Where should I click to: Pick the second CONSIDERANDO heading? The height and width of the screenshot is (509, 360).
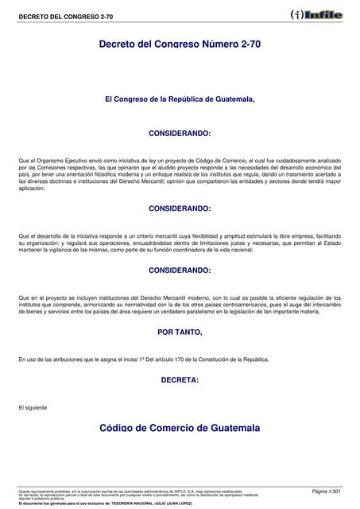coord(180,208)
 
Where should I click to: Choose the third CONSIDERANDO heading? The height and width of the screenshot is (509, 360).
coord(180,270)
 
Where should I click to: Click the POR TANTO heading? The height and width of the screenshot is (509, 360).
coord(180,331)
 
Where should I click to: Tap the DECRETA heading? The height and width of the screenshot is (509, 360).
coord(180,380)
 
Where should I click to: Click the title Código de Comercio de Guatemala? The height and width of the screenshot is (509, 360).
coord(180,428)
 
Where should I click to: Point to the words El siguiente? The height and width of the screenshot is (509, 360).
coord(33,407)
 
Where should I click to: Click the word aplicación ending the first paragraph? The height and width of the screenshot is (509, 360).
coord(32,188)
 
